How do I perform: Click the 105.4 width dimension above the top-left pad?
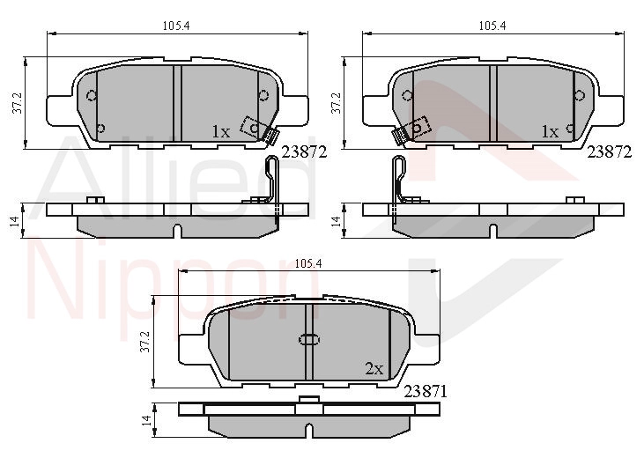point(176,26)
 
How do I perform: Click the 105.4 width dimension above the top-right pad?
point(492,26)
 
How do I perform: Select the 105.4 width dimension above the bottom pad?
point(308,264)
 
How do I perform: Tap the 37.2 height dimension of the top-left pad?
point(18,103)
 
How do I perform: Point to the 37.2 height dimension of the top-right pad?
point(336,103)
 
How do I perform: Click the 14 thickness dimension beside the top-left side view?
point(15,221)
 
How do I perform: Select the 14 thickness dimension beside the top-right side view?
point(337,221)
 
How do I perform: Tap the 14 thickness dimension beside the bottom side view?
point(146,420)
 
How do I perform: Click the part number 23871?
point(426,392)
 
